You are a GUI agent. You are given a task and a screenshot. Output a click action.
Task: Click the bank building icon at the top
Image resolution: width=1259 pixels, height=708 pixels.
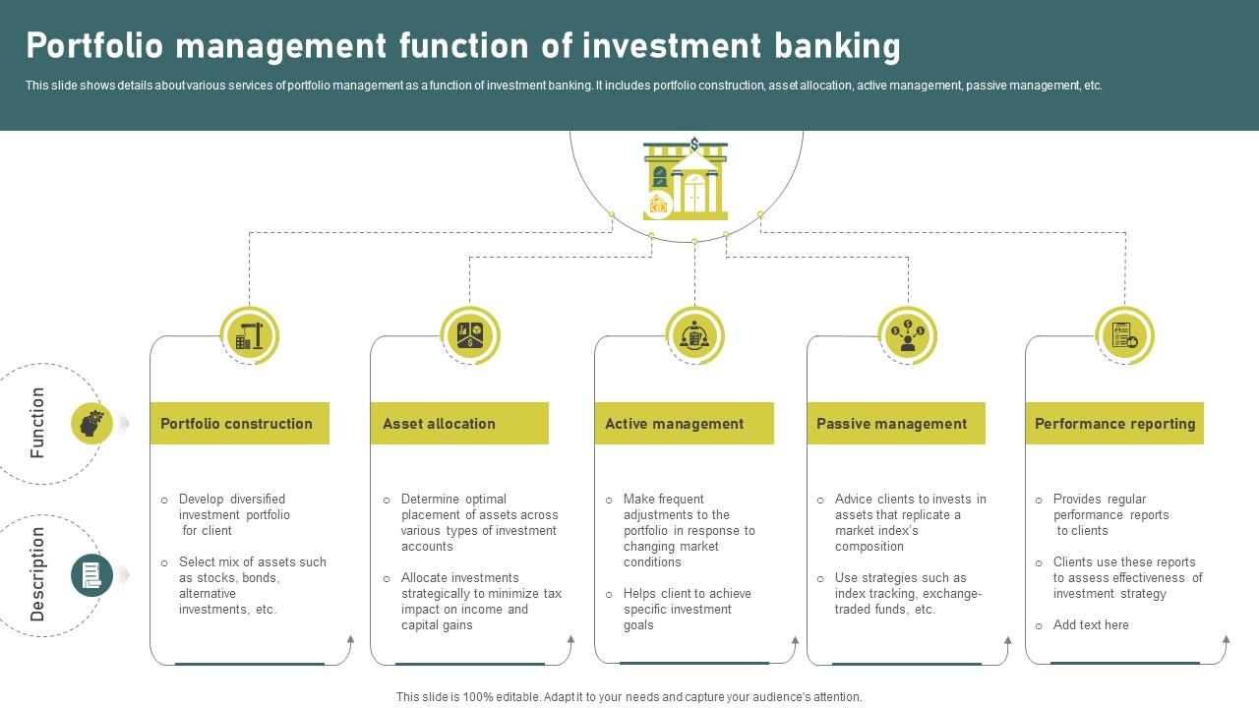coord(687,179)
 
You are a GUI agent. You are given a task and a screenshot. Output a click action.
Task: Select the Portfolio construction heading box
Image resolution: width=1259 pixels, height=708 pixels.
coord(239,424)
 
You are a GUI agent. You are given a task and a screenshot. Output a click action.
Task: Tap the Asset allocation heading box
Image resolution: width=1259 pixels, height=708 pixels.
coord(459,424)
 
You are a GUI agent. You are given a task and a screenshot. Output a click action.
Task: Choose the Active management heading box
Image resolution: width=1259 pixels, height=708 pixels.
coord(684,424)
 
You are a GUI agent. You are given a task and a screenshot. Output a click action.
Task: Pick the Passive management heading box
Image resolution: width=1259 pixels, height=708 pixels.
coord(896,424)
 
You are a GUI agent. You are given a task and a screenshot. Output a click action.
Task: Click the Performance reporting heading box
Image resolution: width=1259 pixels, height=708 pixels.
coord(1114,424)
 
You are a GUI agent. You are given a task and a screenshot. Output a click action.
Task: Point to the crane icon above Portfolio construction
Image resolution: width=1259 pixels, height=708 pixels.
coord(250,336)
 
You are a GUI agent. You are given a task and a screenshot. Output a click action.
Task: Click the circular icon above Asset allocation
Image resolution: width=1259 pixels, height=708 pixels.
coord(470,336)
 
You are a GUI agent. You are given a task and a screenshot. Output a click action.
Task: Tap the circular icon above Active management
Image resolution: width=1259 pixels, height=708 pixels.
coord(694,336)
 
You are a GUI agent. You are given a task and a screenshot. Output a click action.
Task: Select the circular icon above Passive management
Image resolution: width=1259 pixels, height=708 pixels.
coord(907,336)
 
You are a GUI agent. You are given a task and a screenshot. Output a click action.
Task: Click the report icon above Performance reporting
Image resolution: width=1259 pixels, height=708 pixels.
coord(1124,336)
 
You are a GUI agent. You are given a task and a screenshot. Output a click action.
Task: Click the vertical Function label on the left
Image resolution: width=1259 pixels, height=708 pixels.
coord(37,423)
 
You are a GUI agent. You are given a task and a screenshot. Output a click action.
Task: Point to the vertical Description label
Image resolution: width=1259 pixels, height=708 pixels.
coord(37,574)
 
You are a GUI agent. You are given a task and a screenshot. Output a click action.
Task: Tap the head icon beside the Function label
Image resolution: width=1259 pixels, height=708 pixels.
coord(92,424)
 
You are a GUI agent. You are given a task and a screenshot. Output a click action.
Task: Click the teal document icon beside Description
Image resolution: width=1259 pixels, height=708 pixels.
coord(91,574)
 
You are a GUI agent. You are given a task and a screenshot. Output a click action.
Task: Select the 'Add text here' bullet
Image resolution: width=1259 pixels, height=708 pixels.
coord(1090,625)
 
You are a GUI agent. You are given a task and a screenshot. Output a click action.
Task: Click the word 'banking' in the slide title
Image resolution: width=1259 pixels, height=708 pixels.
coord(837,46)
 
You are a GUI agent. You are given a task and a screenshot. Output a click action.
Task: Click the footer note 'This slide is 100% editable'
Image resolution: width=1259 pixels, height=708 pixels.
coord(629,697)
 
